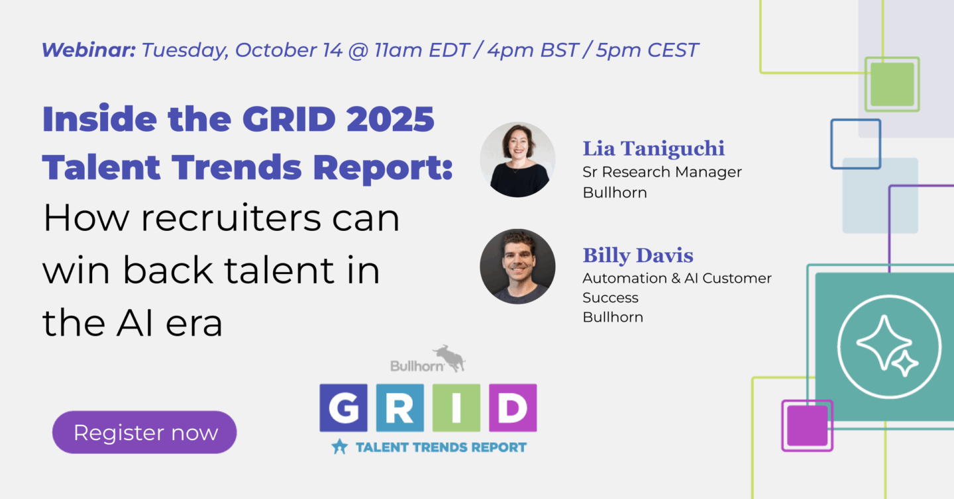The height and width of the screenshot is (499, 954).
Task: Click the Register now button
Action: tap(144, 433)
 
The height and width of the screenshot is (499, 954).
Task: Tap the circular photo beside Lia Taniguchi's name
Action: tap(517, 159)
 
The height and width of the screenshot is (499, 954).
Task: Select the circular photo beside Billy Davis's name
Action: tap(517, 267)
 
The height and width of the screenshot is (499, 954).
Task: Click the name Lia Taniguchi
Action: tap(653, 149)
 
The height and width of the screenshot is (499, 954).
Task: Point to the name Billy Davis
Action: tap(637, 255)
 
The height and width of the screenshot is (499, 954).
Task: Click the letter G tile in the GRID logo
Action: tap(343, 408)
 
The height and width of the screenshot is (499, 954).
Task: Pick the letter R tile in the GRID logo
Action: tap(399, 408)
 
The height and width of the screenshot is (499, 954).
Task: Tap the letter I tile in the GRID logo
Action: tap(456, 408)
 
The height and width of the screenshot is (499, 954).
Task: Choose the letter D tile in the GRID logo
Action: tap(513, 408)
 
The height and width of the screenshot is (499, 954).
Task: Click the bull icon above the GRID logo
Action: tap(449, 357)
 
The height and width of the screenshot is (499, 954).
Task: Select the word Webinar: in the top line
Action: tap(89, 50)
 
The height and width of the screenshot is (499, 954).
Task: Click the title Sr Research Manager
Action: tap(662, 172)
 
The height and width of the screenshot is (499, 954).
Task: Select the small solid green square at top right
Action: tap(892, 84)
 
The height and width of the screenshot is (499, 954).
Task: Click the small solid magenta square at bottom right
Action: tap(806, 425)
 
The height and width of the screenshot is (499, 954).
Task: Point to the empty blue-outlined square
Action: tap(855, 144)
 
